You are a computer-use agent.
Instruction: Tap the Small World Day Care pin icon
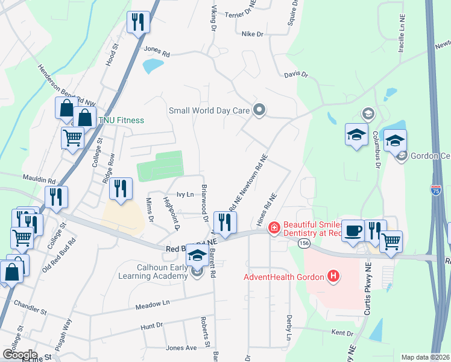click(x=260, y=110)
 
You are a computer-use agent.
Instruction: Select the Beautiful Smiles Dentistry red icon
click(x=274, y=227)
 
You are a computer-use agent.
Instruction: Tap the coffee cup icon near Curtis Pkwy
click(x=354, y=230)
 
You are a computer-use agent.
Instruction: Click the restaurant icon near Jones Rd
click(x=138, y=22)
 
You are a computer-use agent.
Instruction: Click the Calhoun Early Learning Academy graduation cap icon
click(x=197, y=255)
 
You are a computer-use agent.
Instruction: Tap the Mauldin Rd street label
click(x=40, y=180)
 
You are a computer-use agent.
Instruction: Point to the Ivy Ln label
click(x=184, y=194)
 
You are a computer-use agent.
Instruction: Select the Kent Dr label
click(x=342, y=333)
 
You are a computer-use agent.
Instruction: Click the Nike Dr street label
click(x=252, y=34)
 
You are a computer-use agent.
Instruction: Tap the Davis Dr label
click(x=296, y=75)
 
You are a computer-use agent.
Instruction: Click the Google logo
click(x=20, y=355)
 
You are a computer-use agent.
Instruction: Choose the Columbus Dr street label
click(x=376, y=150)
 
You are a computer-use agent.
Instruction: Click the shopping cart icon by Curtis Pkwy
click(x=391, y=242)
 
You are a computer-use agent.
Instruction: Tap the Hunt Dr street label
click(x=151, y=326)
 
